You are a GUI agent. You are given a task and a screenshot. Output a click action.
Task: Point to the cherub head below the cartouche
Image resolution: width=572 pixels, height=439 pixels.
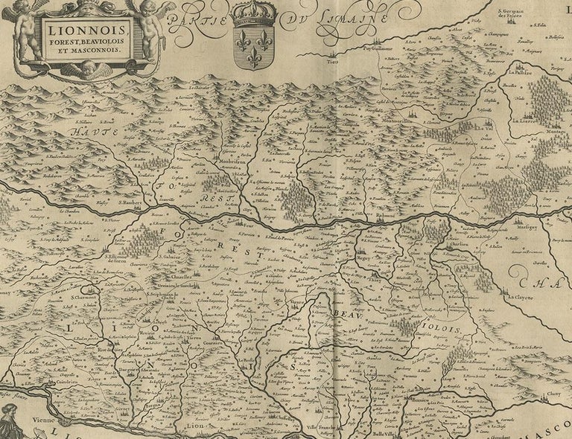pos(88,68)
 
